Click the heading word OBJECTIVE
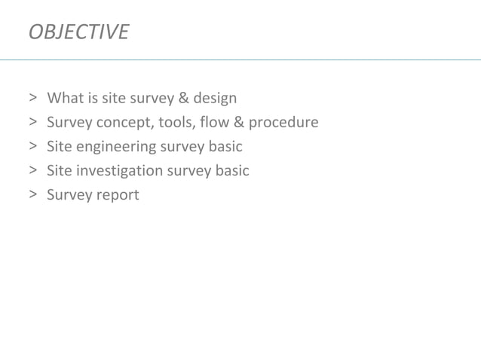pos(78,32)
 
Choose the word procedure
pos(283,122)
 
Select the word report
pos(116,195)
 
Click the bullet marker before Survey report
pos(33,195)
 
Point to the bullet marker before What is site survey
pos(33,98)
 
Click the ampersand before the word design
pos(181,98)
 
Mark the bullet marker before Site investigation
pos(33,170)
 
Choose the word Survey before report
pos(68,195)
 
